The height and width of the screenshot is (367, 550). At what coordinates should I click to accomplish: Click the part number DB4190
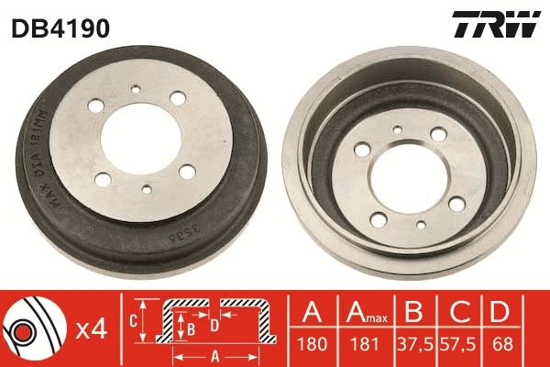[x=60, y=28]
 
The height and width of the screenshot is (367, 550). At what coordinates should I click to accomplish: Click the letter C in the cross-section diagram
[x=133, y=321]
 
